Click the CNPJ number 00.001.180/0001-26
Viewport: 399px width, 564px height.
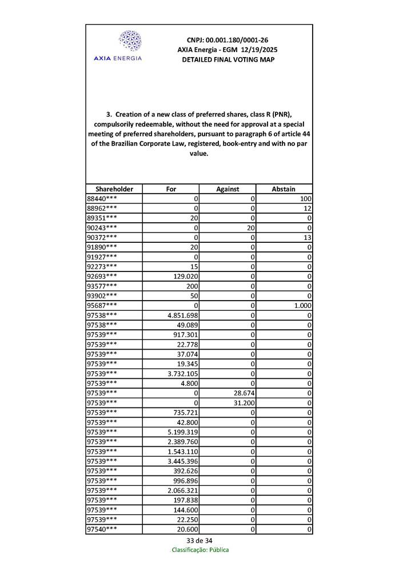coord(228,40)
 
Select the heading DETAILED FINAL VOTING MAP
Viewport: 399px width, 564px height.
coord(228,59)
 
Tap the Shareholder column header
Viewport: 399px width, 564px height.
coord(114,189)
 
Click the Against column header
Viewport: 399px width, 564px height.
coord(228,189)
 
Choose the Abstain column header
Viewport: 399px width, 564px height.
coord(284,189)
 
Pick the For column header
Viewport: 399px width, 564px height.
coord(171,189)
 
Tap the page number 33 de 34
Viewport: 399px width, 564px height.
coord(199,541)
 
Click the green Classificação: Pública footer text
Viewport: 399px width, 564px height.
coord(200,550)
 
